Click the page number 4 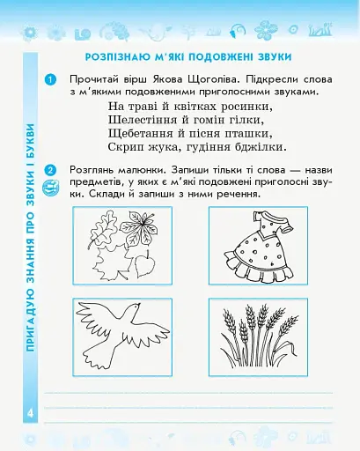pos(29,413)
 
